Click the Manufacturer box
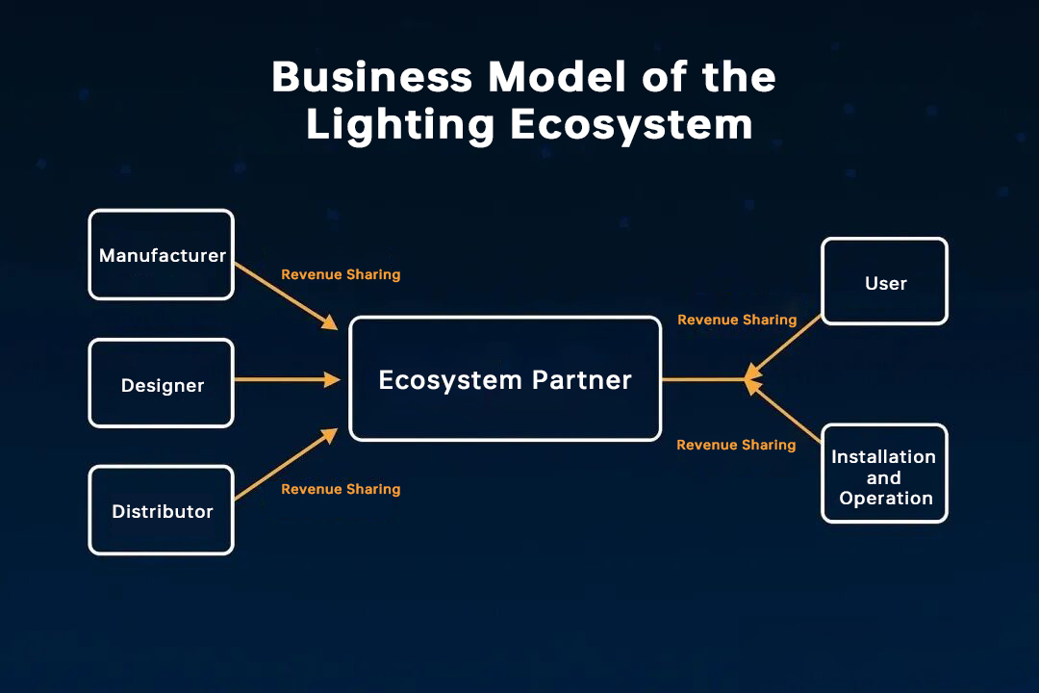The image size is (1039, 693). tap(161, 254)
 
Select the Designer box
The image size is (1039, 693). tap(161, 383)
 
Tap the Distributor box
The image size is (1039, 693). tap(161, 510)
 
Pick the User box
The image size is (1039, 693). tap(884, 281)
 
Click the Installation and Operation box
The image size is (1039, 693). tap(884, 474)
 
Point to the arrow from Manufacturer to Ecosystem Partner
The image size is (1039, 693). tap(285, 295)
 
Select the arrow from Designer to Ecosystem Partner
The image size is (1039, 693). tap(287, 379)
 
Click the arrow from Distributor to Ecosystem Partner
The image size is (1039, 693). tap(285, 466)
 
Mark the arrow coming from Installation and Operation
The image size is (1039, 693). tap(785, 413)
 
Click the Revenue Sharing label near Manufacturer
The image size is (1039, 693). tap(341, 274)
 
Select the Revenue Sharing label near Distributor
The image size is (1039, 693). tap(341, 489)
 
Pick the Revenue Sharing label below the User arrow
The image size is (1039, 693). tap(737, 320)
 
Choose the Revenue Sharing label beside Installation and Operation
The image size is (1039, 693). tap(736, 445)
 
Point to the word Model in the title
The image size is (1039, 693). tap(544, 77)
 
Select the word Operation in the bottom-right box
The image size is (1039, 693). tap(886, 499)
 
